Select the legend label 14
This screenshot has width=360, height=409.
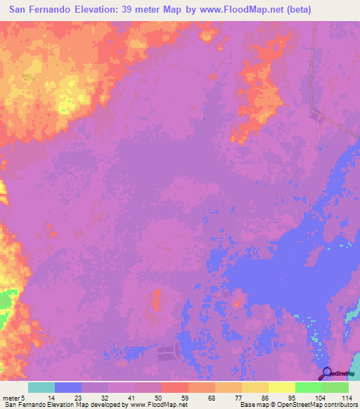51,396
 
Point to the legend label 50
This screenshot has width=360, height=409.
158,396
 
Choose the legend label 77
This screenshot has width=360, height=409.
238,396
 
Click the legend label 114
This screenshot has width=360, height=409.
345,396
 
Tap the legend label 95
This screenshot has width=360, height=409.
292,396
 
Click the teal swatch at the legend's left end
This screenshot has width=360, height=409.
41,387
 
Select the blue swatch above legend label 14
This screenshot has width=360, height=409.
68,387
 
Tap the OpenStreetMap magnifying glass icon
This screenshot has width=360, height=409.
327,374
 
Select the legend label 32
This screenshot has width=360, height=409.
105,396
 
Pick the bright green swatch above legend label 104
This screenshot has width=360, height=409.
308,387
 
